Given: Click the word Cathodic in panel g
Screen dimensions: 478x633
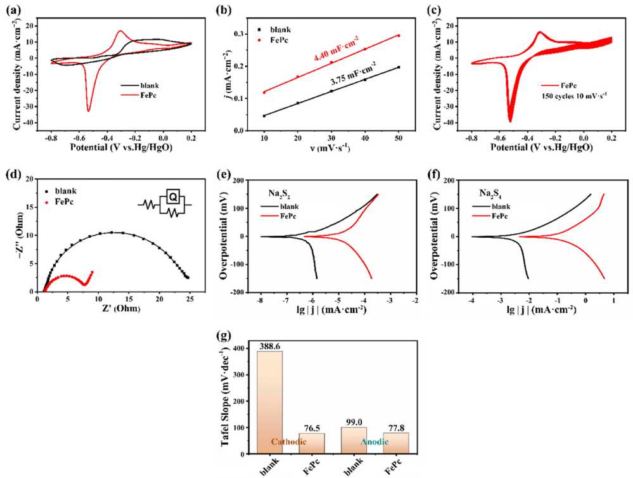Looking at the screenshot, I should coord(289,441).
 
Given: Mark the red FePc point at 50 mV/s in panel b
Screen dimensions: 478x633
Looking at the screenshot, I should coord(399,36).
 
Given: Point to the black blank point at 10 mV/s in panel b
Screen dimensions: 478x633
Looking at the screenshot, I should coord(264,116).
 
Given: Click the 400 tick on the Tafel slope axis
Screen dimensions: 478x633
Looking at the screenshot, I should coord(239,349).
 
